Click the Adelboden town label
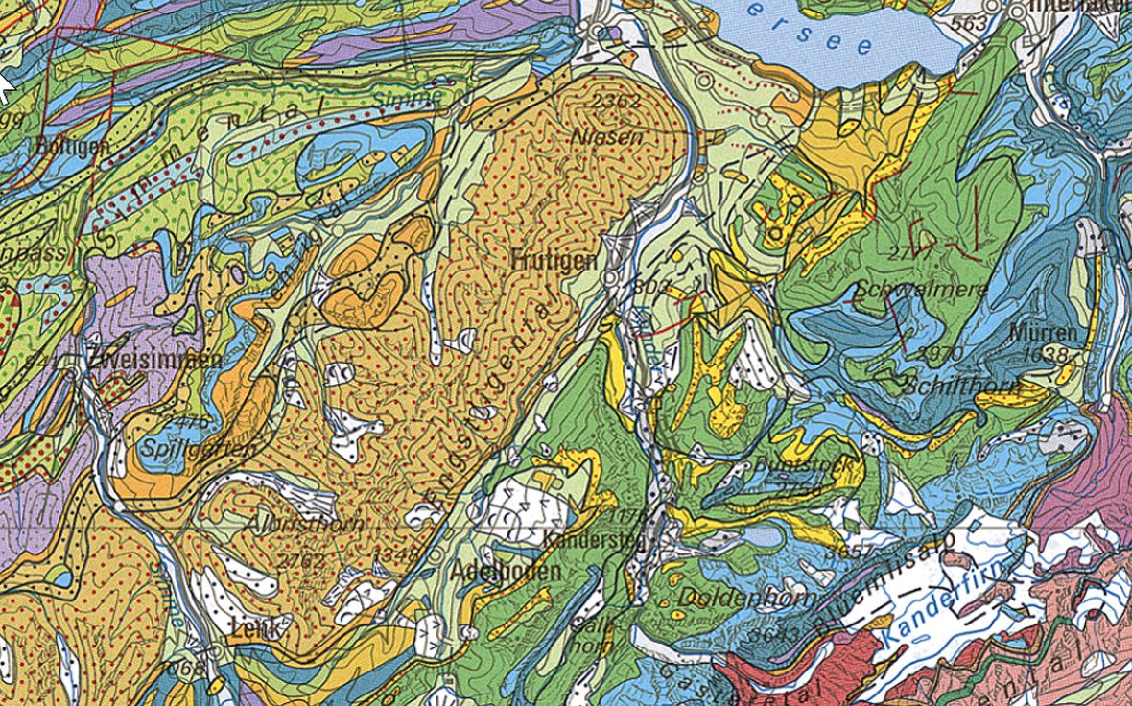505,572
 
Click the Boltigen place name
71,147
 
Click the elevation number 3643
774,634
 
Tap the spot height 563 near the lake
971,23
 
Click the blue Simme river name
408,99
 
